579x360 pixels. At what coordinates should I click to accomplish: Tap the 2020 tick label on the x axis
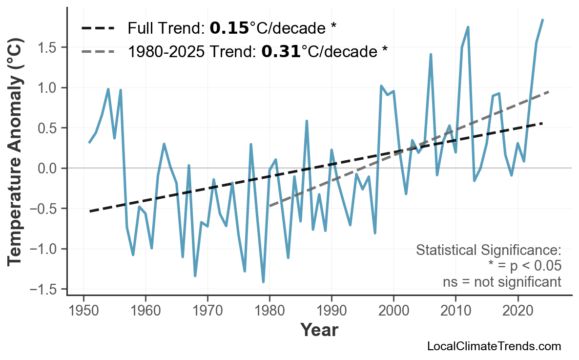(x=517, y=312)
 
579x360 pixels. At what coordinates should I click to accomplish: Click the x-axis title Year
(x=319, y=331)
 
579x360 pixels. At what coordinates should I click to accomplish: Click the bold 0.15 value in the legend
(x=229, y=29)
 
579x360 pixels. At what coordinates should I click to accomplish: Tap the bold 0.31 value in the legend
(x=281, y=51)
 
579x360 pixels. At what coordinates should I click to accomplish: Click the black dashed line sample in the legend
(x=98, y=29)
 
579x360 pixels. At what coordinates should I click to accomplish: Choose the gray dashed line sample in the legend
(x=98, y=51)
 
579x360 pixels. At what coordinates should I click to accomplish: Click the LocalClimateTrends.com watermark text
(x=494, y=347)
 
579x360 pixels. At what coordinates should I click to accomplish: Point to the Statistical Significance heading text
(x=488, y=251)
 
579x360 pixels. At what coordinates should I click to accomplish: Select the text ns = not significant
(x=501, y=282)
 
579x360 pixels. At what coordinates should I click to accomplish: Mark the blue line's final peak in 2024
(x=542, y=20)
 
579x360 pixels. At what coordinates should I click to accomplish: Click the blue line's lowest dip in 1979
(x=263, y=282)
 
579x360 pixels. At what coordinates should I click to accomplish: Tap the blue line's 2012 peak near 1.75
(x=468, y=27)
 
